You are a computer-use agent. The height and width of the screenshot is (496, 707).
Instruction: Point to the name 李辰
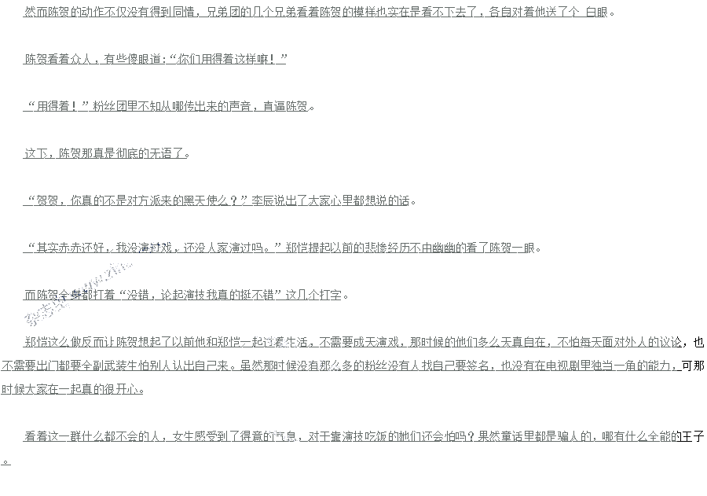(x=262, y=201)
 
